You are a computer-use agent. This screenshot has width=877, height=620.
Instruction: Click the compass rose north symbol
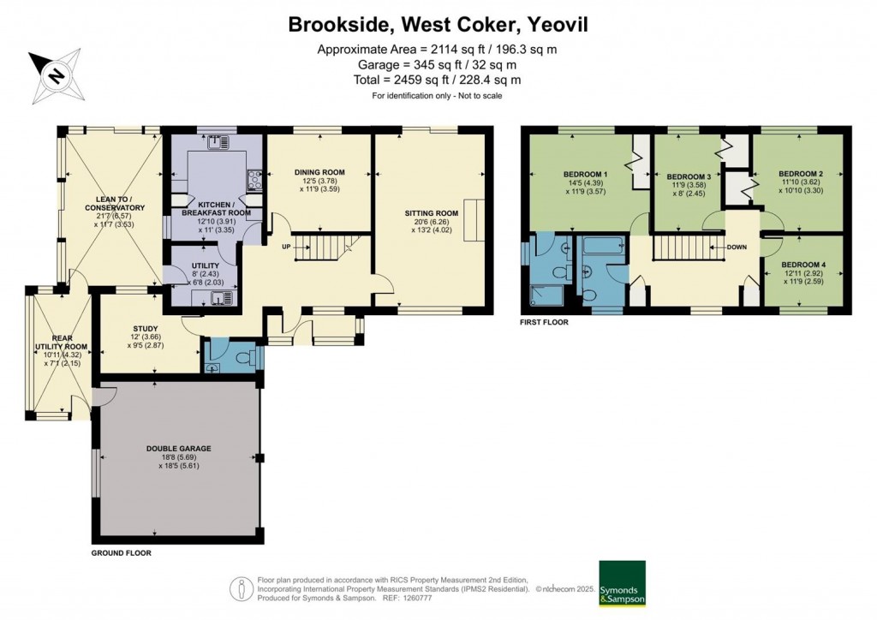[x=54, y=75]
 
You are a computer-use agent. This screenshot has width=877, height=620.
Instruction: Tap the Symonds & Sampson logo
[x=622, y=583]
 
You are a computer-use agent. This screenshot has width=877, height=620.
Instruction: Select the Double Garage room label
[x=178, y=448]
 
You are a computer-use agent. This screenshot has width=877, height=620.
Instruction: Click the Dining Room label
[x=318, y=172]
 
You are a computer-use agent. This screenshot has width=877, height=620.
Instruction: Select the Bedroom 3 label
[x=689, y=176]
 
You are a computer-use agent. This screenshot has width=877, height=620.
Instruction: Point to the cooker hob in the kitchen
[x=254, y=179]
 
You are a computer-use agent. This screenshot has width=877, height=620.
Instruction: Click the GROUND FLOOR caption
[x=122, y=553]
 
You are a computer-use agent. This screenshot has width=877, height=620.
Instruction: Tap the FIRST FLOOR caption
[x=544, y=323]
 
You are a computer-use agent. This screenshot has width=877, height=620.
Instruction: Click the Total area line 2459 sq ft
[x=437, y=80]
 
